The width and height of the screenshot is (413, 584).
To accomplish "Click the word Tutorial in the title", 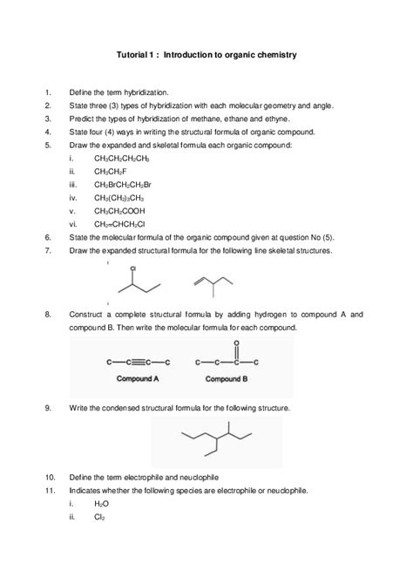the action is point(132,54).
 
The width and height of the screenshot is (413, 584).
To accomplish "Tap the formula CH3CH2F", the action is point(112,172).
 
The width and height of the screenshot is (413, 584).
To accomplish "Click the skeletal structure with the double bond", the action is point(212,284).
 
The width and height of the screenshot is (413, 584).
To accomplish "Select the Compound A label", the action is point(138,380).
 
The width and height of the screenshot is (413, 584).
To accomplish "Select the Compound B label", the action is point(226,380).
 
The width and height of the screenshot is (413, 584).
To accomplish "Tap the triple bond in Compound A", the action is point(138,362).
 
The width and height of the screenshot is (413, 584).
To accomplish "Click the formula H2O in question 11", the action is point(102,504).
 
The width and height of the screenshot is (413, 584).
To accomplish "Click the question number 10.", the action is point(50,477).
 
